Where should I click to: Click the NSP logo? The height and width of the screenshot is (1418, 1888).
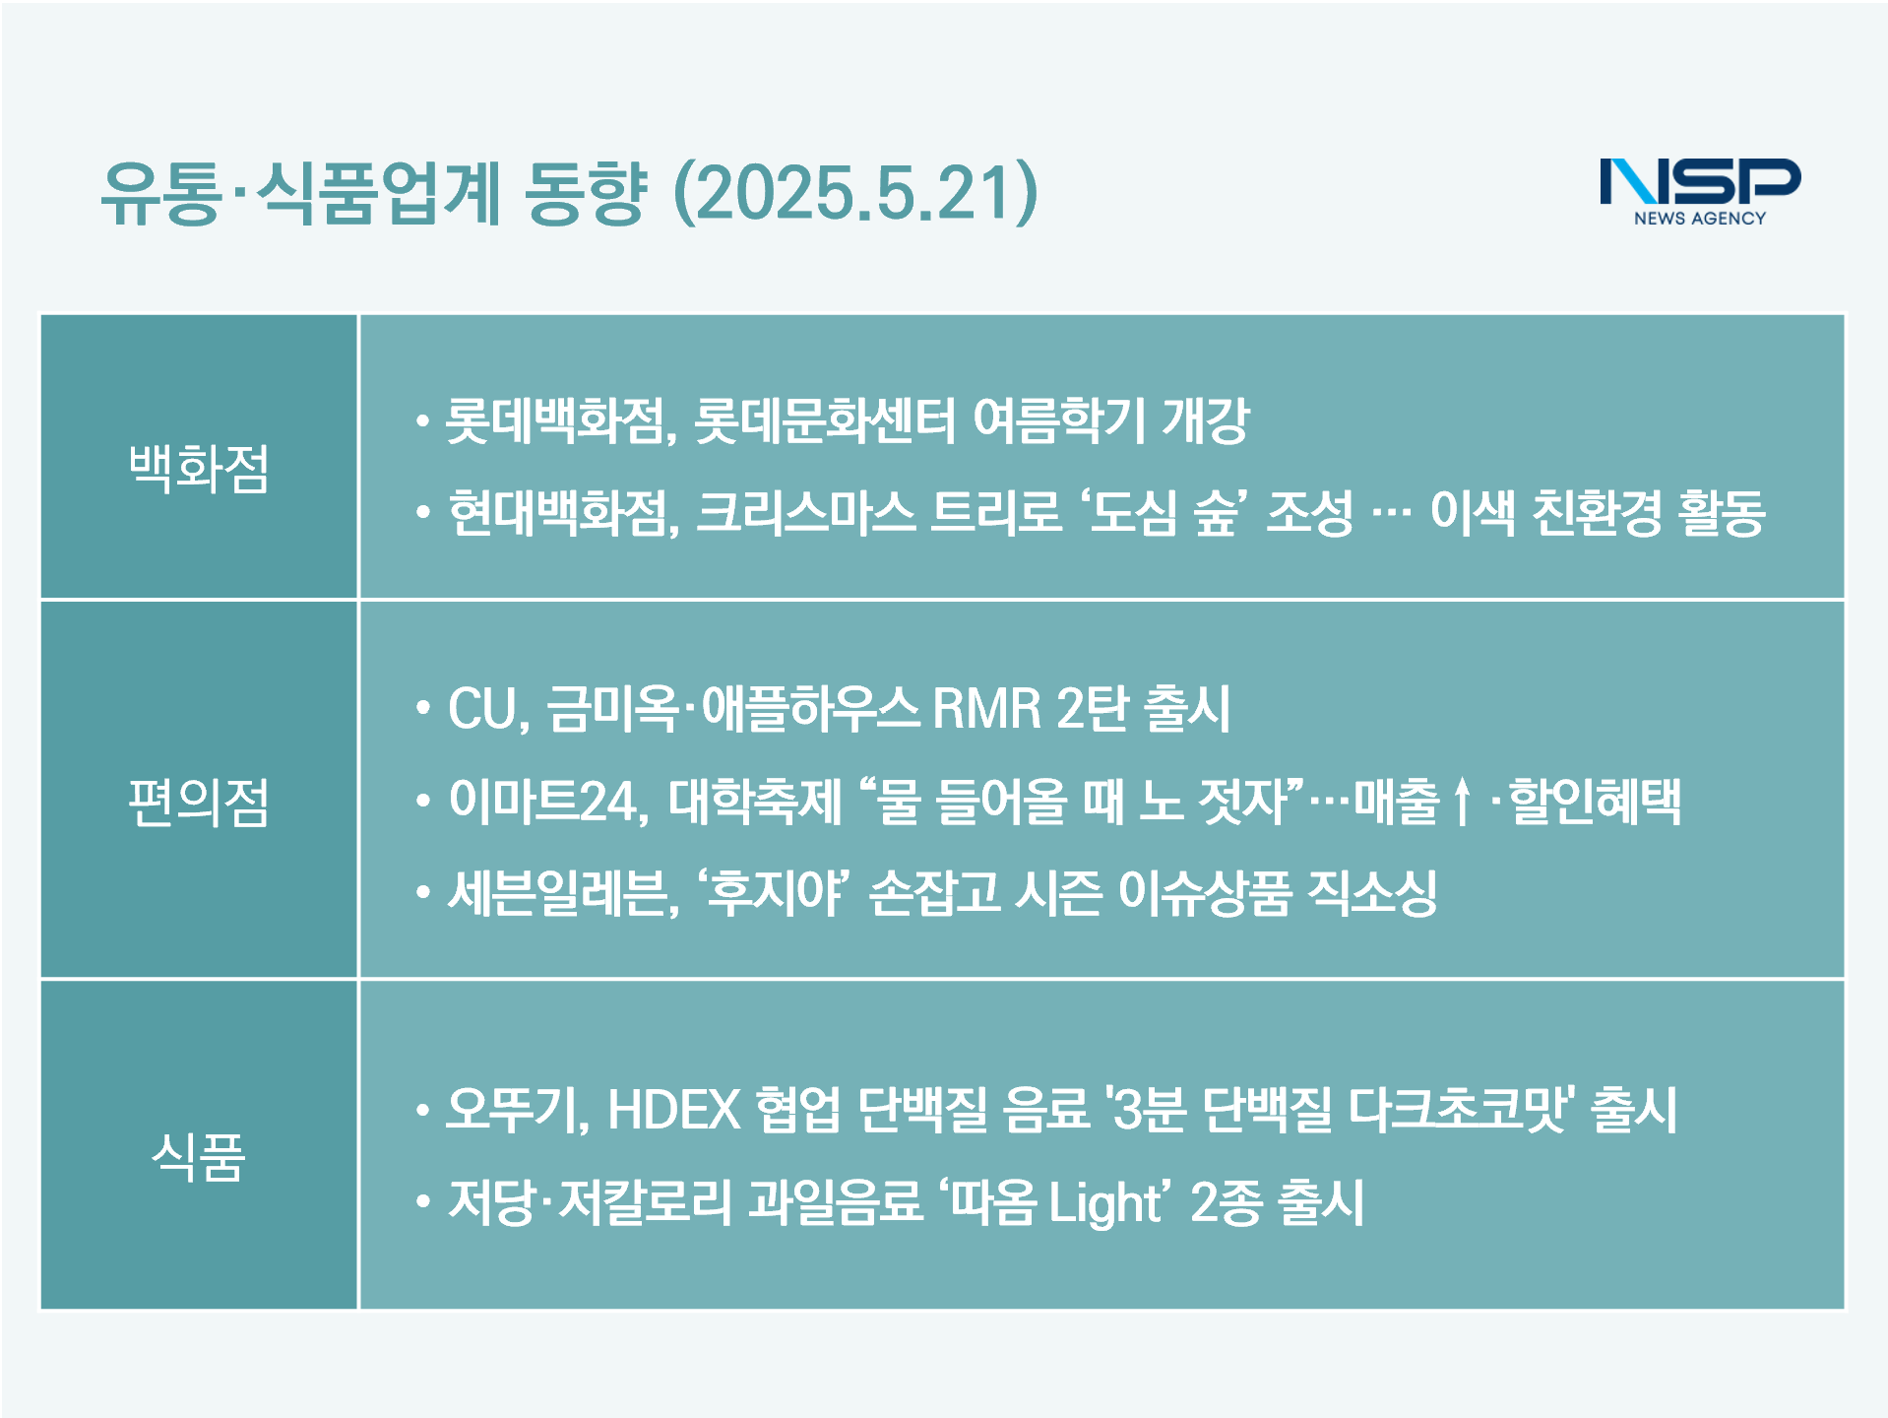pyautogui.click(x=1700, y=192)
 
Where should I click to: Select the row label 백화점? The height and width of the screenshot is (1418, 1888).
pyautogui.click(x=199, y=468)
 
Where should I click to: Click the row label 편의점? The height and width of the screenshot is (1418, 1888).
pyautogui.click(x=199, y=802)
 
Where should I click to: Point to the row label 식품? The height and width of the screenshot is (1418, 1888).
pyautogui.click(x=199, y=1156)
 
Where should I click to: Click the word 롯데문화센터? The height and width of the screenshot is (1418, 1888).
pyautogui.click(x=825, y=420)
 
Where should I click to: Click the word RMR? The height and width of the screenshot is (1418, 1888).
pyautogui.click(x=986, y=709)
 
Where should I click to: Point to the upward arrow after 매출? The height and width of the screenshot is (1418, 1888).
pyautogui.click(x=1463, y=802)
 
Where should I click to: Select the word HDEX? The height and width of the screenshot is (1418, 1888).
pyautogui.click(x=674, y=1110)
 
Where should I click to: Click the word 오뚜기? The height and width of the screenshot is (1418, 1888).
pyautogui.click(x=515, y=1110)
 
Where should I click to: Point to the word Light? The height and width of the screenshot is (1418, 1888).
pyautogui.click(x=1104, y=1203)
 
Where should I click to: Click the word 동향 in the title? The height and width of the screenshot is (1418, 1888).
pyautogui.click(x=585, y=192)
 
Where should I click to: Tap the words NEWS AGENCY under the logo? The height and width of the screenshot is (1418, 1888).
pyautogui.click(x=1700, y=219)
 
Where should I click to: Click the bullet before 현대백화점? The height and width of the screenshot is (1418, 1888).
pyautogui.click(x=423, y=513)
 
